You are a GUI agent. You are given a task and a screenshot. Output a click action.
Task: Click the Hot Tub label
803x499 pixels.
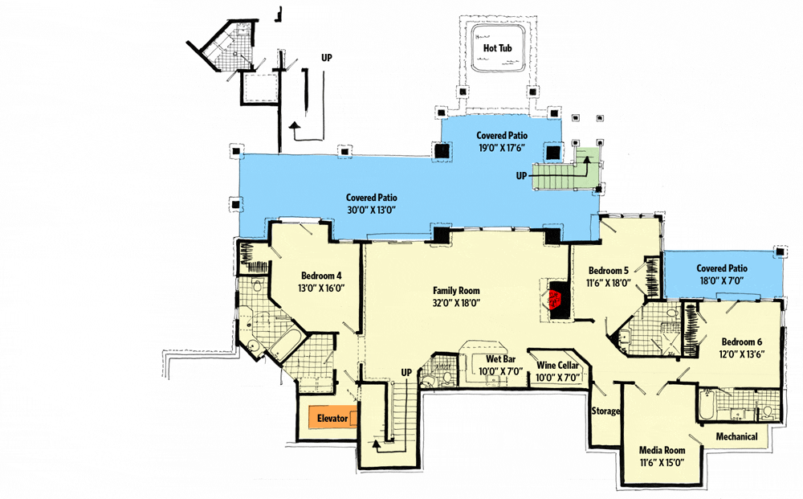click(x=497, y=48)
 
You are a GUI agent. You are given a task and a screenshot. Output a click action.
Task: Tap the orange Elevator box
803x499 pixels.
click(x=333, y=418)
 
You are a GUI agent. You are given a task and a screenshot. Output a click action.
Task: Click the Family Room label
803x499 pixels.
click(x=456, y=291)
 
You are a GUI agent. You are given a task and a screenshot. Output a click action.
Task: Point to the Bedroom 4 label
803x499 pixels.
click(x=321, y=276)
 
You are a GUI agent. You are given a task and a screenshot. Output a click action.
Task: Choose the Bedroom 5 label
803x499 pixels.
click(x=609, y=271)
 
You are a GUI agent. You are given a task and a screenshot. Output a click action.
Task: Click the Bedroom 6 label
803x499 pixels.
click(x=741, y=342)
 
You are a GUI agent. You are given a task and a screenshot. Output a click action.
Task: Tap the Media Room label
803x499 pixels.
click(x=662, y=450)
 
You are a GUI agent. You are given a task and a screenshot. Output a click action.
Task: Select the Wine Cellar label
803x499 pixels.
click(x=558, y=366)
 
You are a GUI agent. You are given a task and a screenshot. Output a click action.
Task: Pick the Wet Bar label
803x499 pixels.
click(x=500, y=359)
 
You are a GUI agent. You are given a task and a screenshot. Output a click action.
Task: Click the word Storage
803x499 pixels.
click(x=605, y=411)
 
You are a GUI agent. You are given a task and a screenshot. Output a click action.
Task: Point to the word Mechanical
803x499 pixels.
click(x=737, y=436)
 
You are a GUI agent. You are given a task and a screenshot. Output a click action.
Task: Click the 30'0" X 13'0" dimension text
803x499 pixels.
click(x=371, y=210)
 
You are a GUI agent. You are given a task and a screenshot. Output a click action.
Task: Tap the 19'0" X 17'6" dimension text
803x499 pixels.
click(x=502, y=148)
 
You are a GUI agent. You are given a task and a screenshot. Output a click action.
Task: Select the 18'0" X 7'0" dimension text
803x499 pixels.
click(x=722, y=280)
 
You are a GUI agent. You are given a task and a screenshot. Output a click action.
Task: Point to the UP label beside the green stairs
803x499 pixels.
click(x=521, y=176)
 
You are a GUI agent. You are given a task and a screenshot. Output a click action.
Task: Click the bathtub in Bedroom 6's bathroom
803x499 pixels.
click(x=706, y=405)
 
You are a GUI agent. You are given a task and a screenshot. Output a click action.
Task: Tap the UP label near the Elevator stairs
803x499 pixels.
click(x=406, y=373)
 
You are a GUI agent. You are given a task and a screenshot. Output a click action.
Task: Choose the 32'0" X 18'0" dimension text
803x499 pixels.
click(x=456, y=303)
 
